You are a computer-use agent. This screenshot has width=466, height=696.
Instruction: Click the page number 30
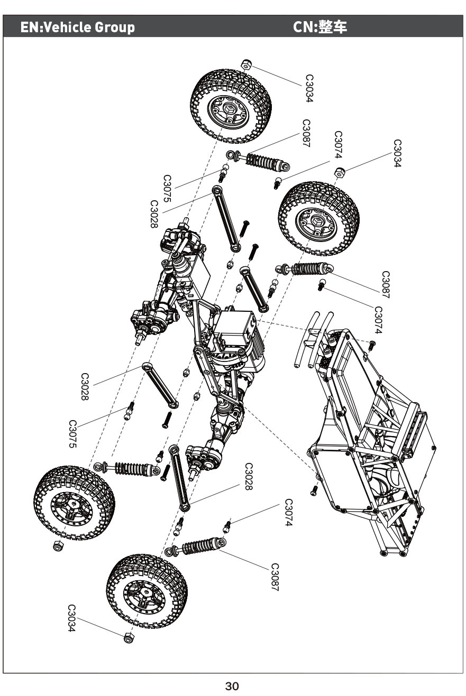[x=232, y=686]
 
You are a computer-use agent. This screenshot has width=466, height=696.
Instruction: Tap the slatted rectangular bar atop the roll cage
[x=416, y=428]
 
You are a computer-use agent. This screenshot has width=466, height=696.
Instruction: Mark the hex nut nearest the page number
[x=128, y=638]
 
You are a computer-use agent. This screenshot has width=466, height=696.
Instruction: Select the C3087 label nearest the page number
[x=275, y=577]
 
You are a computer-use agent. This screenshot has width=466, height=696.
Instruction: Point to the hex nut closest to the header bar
[x=246, y=65]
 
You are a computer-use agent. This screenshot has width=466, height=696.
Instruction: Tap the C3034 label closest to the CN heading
[x=397, y=153]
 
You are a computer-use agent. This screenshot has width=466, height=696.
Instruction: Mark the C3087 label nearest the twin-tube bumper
[x=386, y=285]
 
